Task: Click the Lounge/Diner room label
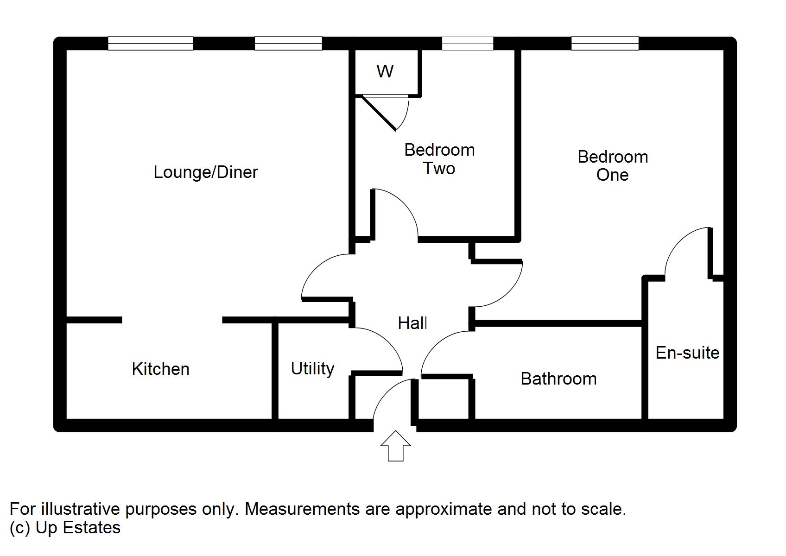205,172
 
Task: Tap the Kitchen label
160,369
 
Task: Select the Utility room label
312,369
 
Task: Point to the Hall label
412,323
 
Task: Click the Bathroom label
558,379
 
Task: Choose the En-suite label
687,353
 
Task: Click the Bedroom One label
613,166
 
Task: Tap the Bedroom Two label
439,159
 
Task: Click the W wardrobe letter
385,71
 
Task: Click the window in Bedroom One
605,44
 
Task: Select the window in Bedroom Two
467,44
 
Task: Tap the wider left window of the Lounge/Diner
150,44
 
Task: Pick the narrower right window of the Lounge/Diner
288,44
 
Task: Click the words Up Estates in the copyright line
78,528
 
